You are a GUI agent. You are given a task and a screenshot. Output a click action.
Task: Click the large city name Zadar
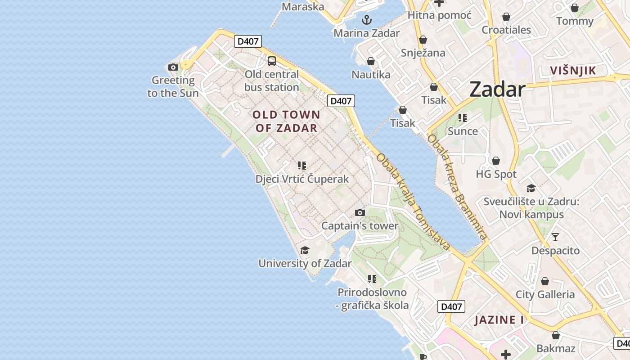(x=497, y=90)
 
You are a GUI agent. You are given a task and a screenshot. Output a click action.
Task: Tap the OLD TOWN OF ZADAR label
(x=286, y=121)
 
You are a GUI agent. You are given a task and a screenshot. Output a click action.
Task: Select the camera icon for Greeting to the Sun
(x=173, y=67)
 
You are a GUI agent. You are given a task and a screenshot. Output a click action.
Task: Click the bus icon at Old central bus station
(x=272, y=61)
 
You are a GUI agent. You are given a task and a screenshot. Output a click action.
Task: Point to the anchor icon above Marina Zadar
(x=367, y=20)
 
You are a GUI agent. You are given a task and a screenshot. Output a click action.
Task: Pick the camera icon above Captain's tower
(x=360, y=212)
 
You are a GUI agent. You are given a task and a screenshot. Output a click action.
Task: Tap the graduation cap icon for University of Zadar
(x=305, y=250)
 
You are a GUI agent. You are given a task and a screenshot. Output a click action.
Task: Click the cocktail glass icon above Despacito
(x=555, y=237)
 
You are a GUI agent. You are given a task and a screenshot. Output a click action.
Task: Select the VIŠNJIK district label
(x=573, y=70)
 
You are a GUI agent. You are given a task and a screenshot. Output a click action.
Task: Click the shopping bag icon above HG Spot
(x=496, y=161)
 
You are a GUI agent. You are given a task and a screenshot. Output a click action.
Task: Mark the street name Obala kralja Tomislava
(x=413, y=202)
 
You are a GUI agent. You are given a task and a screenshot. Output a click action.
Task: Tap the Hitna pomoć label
(x=439, y=15)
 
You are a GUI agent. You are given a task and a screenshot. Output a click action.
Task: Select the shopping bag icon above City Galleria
(x=545, y=281)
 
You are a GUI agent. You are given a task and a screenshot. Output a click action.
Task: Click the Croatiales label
(x=506, y=30)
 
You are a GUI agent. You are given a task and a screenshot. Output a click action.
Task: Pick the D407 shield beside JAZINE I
(x=451, y=306)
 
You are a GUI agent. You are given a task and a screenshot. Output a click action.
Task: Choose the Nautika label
(x=371, y=74)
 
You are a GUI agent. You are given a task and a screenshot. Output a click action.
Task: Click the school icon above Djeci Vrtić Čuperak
(x=302, y=166)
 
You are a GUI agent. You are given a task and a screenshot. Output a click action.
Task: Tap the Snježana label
(x=423, y=53)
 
